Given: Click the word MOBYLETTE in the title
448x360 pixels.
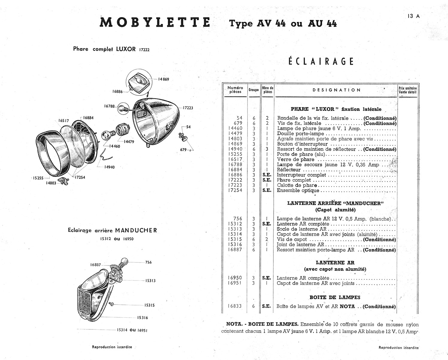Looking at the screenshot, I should (155, 22).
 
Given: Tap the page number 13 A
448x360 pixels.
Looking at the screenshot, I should (413, 16).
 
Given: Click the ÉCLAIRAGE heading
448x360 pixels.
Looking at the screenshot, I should (321, 61).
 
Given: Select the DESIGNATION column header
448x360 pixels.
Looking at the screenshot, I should (337, 90).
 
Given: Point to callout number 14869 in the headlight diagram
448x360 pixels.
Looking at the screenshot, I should (163, 79).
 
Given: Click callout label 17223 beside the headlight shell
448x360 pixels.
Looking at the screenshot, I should (188, 108).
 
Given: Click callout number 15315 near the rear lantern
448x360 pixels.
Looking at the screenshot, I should (149, 305).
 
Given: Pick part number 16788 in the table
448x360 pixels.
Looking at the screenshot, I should (235, 165).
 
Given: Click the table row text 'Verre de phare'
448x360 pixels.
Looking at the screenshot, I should (295, 160).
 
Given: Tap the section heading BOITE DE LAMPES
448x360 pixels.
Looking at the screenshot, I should (335, 298).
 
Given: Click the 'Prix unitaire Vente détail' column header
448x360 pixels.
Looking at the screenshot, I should (408, 90).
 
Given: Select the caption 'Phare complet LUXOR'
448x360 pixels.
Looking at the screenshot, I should (105, 49).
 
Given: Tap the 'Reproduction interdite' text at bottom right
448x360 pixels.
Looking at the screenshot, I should (399, 347).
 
